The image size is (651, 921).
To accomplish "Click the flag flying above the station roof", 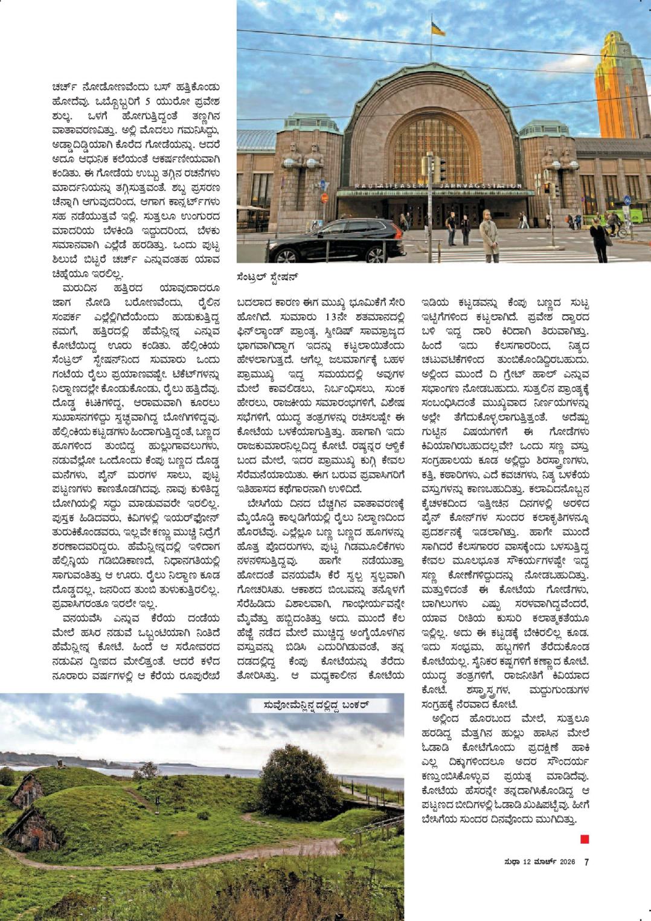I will coord(437,28).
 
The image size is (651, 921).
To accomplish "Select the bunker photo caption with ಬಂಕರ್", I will coord(316,705).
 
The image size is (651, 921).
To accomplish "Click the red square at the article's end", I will coord(584,839).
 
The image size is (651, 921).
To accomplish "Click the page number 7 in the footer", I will coord(586,862).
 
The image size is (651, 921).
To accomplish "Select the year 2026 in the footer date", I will coord(567,862).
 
